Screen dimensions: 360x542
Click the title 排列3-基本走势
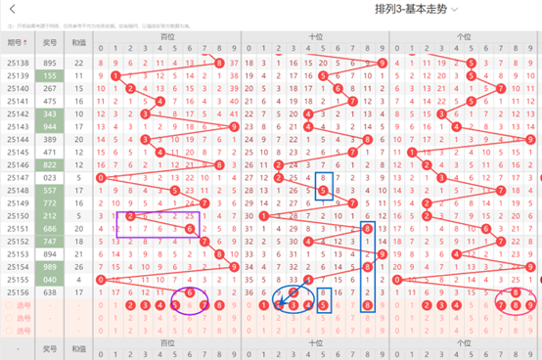(x=412, y=9)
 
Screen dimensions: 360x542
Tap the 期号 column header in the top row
(x=17, y=42)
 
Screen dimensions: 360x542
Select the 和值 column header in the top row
(x=78, y=42)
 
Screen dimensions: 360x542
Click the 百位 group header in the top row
(x=168, y=36)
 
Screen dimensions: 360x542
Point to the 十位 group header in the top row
(x=316, y=36)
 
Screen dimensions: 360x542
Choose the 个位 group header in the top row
(x=465, y=36)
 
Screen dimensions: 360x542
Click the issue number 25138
(x=17, y=62)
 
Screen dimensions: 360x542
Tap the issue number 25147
(x=17, y=177)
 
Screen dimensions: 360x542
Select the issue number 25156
(x=17, y=292)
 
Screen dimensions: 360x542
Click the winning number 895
(x=49, y=62)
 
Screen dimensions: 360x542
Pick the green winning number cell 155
(x=49, y=74)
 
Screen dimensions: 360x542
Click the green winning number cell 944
(x=49, y=126)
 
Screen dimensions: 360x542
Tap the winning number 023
(x=49, y=177)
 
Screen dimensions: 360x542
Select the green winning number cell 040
(x=49, y=279)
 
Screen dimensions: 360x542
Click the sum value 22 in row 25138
(x=78, y=62)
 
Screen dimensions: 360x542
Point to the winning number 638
(x=49, y=292)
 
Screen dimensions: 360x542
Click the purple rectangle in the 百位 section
(x=158, y=222)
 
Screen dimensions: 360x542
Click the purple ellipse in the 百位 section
(x=190, y=297)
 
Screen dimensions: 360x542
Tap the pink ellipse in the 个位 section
(x=516, y=298)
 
